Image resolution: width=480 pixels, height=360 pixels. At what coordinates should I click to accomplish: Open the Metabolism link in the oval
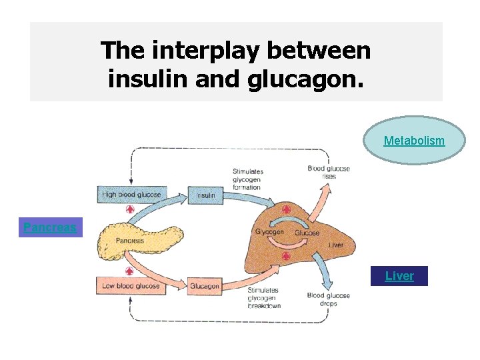(414, 141)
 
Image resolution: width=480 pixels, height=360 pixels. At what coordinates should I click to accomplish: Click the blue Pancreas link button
(50, 227)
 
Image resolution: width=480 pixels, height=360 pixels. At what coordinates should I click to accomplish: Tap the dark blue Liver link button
(399, 276)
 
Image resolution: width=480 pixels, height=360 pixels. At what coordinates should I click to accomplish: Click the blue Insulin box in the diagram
(205, 195)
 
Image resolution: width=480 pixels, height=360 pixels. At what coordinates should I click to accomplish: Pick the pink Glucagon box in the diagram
(205, 286)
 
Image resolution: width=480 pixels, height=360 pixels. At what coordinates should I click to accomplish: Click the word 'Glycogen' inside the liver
(269, 233)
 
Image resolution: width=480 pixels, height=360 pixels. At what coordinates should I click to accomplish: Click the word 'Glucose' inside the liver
(307, 233)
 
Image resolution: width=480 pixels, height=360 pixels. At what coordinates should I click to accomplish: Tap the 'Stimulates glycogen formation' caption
(248, 179)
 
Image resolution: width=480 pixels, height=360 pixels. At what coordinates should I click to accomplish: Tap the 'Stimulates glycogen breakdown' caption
(263, 298)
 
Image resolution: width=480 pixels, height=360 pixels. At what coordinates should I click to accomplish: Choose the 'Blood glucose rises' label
(329, 173)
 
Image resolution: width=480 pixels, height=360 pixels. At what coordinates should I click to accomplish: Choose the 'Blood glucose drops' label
(325, 299)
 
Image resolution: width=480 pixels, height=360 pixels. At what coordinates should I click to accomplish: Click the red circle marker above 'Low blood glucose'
(130, 271)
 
